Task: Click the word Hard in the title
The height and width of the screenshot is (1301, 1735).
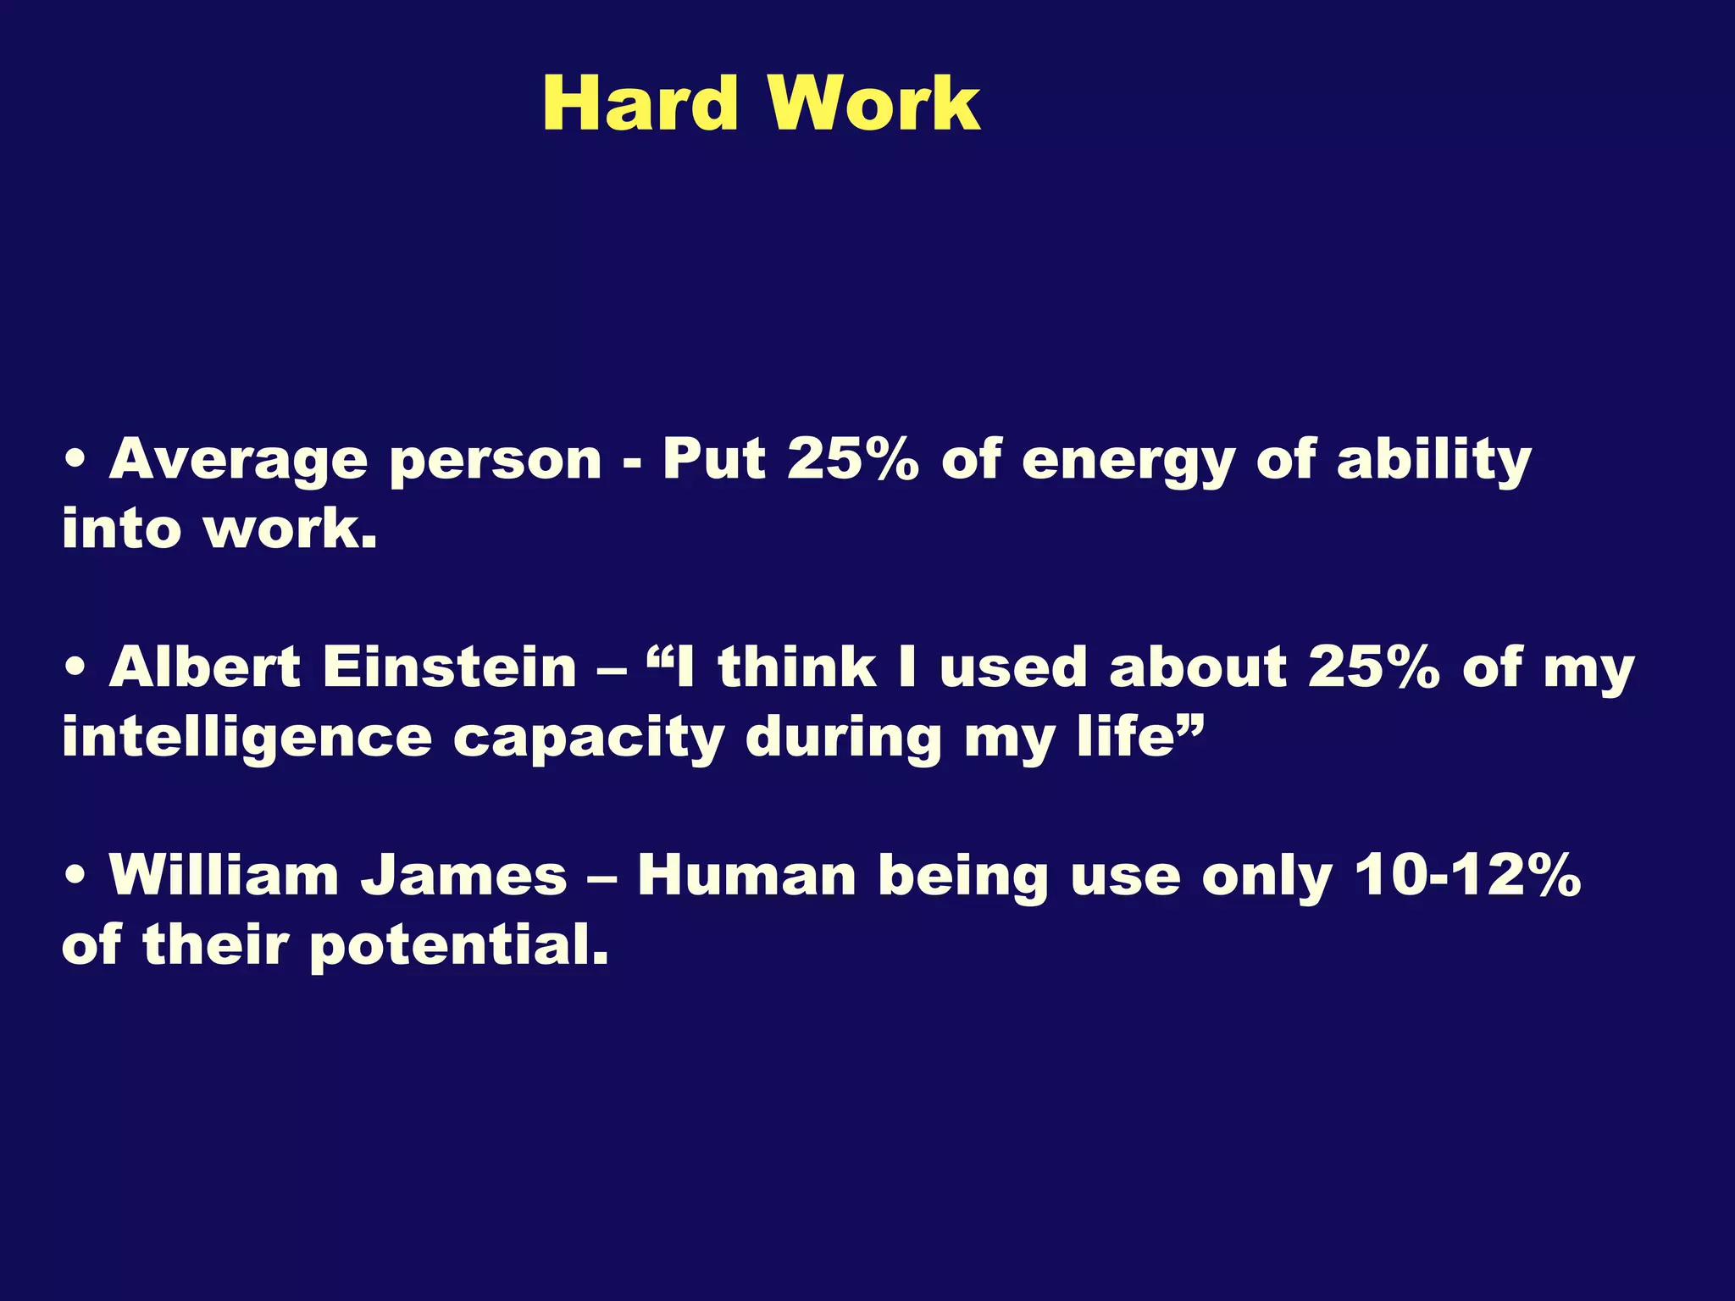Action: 640,104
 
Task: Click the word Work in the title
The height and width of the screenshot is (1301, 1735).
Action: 874,104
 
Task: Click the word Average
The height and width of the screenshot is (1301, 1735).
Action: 238,462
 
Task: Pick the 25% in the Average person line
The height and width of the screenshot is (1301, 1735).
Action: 852,460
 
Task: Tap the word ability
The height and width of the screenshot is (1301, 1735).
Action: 1433,462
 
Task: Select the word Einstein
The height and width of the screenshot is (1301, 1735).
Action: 449,667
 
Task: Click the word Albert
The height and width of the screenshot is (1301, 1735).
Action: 204,667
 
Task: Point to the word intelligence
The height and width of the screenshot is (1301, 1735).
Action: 247,739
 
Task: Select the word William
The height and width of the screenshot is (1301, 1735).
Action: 224,875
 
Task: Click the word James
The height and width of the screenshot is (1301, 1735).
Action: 463,875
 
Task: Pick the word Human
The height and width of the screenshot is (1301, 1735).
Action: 746,875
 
